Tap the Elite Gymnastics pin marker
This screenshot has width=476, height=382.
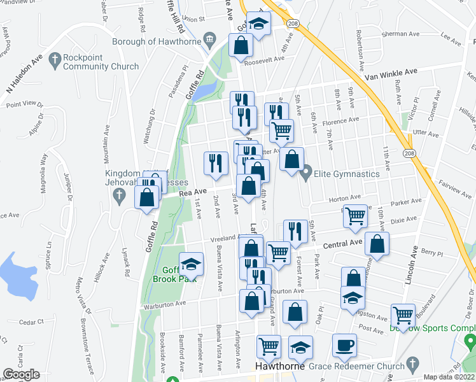pyautogui.click(x=306, y=173)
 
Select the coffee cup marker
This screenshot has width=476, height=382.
pyautogui.click(x=344, y=346)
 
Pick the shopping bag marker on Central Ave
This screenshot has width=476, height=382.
pyautogui.click(x=377, y=245)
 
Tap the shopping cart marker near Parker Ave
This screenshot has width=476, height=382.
pyautogui.click(x=355, y=216)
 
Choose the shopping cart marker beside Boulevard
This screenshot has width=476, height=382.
pyautogui.click(x=403, y=315)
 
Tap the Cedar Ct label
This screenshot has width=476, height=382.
pyautogui.click(x=31, y=322)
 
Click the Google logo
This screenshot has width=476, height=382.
pyautogui.click(x=21, y=374)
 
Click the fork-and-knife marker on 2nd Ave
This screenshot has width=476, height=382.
pyautogui.click(x=216, y=163)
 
